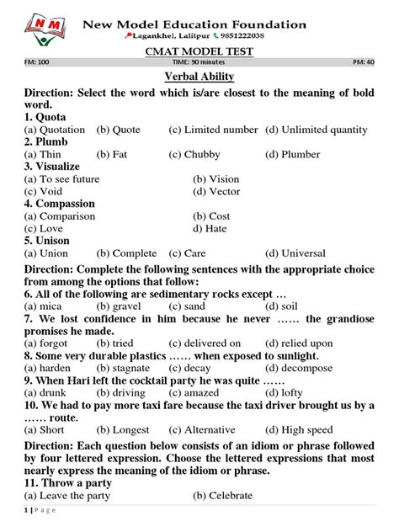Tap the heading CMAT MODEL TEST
click(x=199, y=51)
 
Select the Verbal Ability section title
click(x=199, y=77)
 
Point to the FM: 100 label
click(x=37, y=63)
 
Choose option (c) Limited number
click(x=213, y=130)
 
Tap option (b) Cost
click(x=211, y=216)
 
